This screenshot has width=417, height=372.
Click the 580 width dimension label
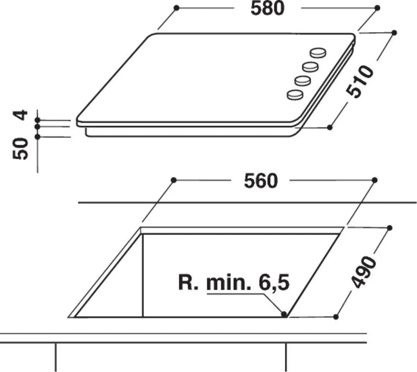(x=268, y=9)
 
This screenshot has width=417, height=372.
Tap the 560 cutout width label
(x=261, y=181)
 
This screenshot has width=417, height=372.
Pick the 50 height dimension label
(x=20, y=149)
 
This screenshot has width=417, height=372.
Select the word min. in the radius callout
(x=229, y=282)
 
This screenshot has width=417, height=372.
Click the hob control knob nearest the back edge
(x=318, y=53)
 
